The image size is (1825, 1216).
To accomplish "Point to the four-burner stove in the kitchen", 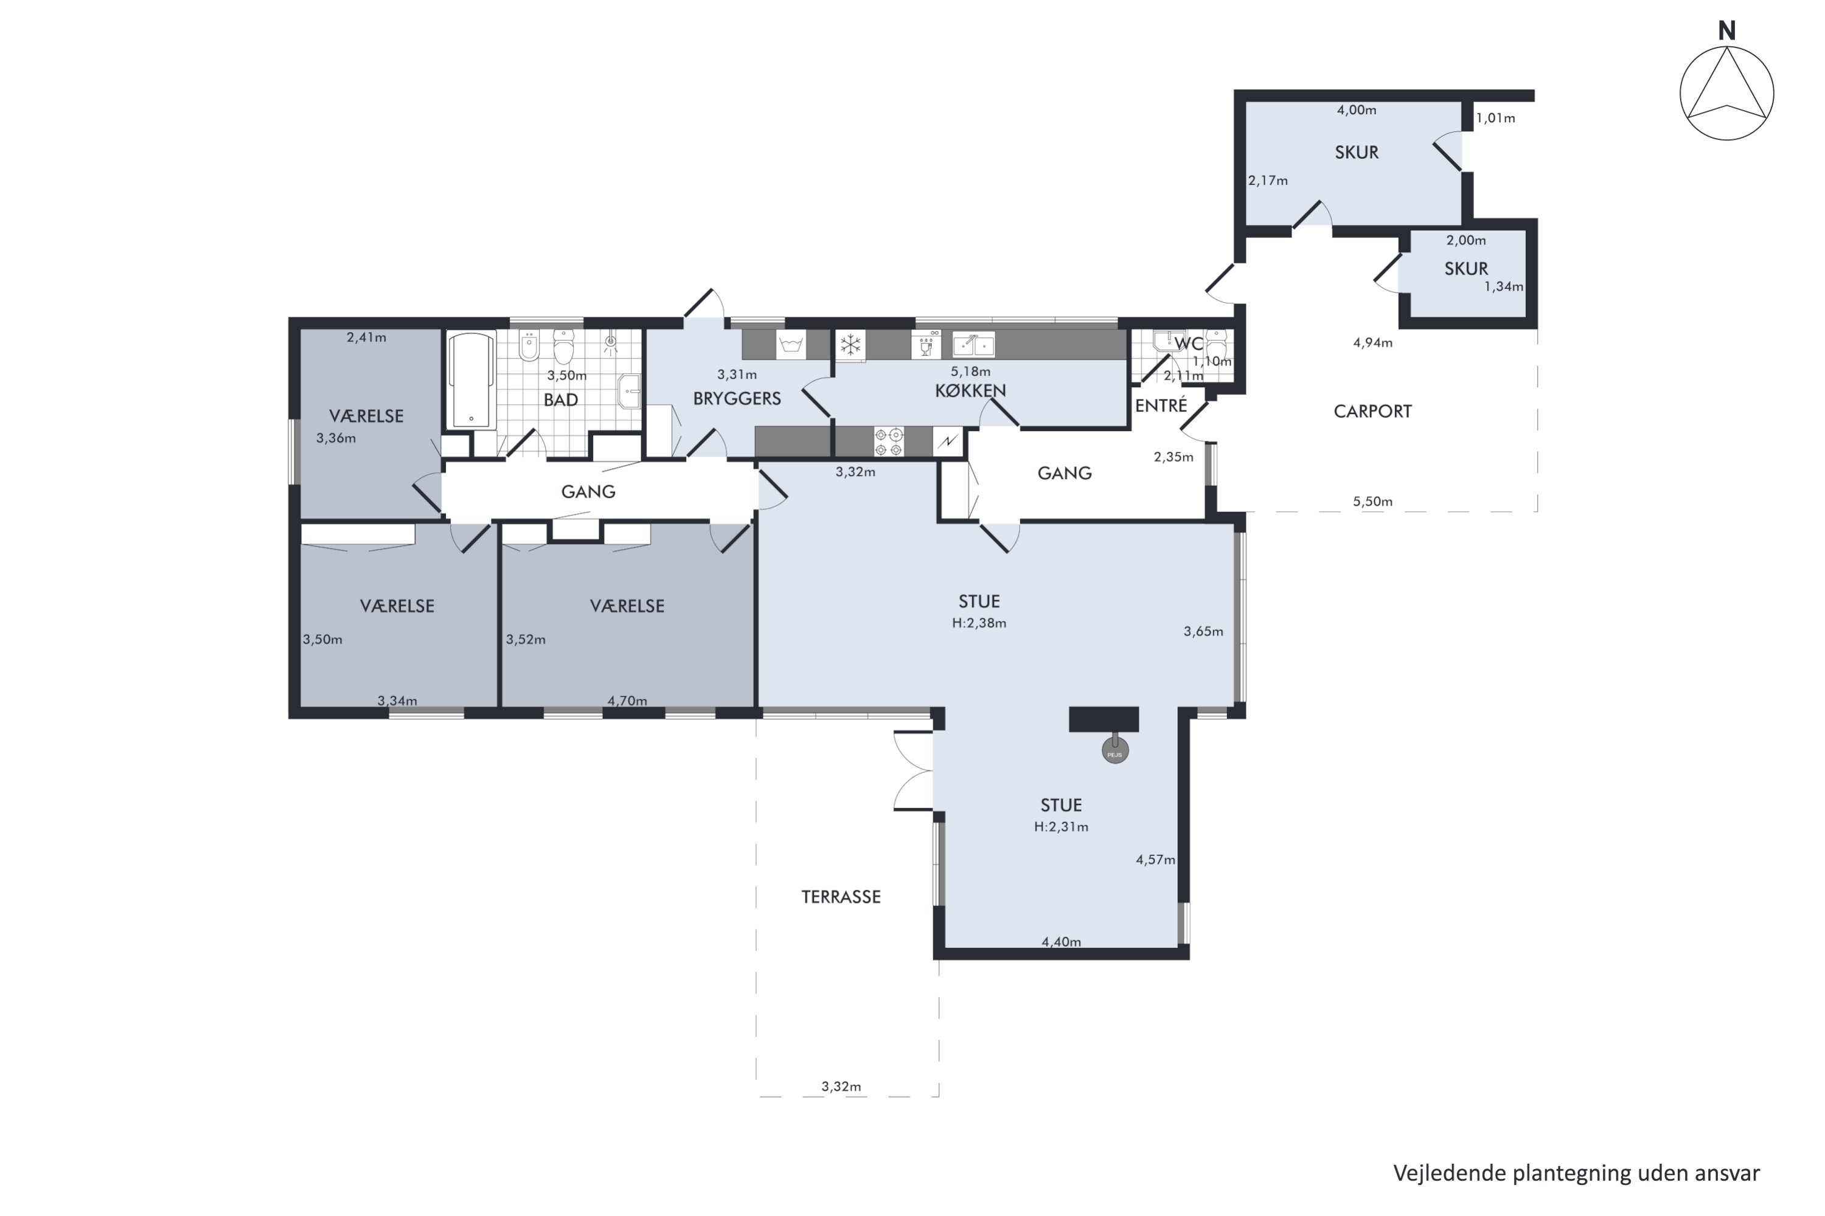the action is [888, 441].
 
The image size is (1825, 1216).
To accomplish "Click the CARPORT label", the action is [1372, 412].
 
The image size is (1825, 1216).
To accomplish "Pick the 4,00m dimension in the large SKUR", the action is [1357, 110].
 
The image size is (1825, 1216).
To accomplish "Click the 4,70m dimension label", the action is [627, 701].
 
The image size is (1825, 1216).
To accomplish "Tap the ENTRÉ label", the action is [1161, 405].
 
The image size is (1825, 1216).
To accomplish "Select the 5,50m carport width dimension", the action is [1372, 502].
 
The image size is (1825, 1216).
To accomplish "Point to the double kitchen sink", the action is [973, 344].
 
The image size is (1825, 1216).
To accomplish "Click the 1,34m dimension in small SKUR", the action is [1504, 287].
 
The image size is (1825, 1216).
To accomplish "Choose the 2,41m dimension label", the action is [366, 337].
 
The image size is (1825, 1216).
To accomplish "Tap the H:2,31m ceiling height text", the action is [1061, 827].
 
